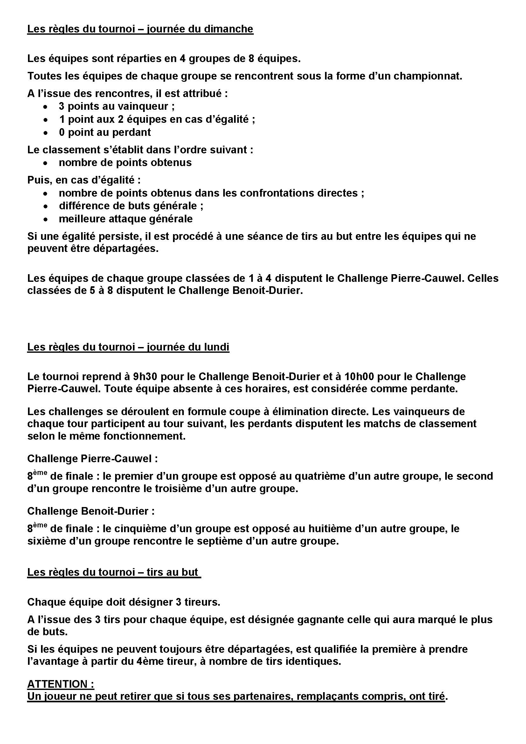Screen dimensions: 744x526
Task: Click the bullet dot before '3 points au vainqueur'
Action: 46,107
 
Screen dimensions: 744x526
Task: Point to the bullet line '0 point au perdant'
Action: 105,132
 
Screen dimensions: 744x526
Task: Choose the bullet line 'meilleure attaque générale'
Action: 126,219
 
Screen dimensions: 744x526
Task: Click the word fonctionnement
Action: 144,436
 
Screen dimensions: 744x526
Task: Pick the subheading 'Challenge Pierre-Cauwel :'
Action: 92,459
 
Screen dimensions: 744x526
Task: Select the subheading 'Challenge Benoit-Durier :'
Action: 91,511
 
